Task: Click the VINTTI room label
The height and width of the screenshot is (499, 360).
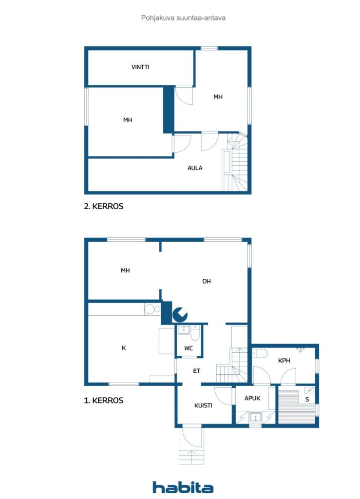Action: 140,67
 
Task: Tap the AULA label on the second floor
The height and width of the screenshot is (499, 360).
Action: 195,168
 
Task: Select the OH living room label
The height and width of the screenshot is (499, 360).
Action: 207,281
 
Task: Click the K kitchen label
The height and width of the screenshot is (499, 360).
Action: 124,348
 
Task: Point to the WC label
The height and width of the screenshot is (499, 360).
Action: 189,348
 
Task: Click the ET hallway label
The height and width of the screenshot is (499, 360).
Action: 196,371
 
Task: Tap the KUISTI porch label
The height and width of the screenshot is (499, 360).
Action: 203,406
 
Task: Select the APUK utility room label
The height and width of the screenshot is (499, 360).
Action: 252,399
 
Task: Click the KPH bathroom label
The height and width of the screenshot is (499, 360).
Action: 284,361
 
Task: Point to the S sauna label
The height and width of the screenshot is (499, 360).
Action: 307,400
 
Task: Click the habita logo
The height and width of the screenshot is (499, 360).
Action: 183,487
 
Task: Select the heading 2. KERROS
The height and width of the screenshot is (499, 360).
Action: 104,206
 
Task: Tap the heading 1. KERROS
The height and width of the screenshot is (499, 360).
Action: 104,401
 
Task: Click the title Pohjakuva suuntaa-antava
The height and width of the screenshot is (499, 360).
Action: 183,18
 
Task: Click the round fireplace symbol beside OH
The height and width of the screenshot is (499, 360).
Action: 180,315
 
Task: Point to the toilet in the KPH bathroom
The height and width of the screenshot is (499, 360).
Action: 260,353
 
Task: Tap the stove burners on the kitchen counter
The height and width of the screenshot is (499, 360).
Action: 152,309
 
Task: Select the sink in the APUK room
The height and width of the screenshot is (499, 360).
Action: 255,417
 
